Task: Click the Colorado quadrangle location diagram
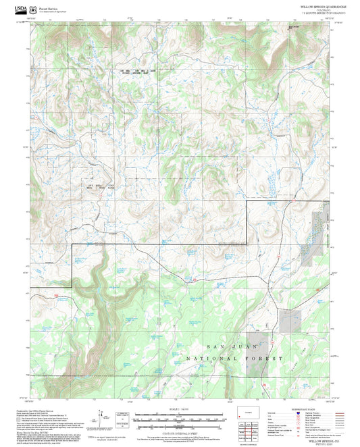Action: click(x=249, y=413)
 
